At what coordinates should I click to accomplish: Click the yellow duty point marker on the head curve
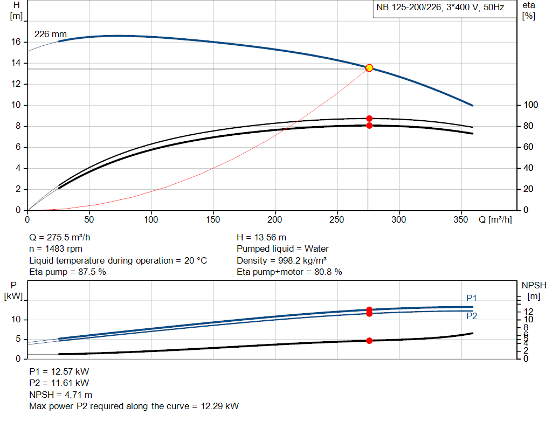tap(369, 68)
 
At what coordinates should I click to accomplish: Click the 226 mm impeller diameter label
tap(47, 34)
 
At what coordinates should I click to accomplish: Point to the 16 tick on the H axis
tap(16, 42)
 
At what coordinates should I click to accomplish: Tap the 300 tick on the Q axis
tap(399, 220)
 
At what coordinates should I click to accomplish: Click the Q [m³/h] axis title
tap(495, 220)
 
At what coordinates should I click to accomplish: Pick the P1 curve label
tap(472, 298)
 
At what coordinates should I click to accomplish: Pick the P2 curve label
tap(472, 316)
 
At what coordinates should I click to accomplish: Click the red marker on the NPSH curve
tap(369, 341)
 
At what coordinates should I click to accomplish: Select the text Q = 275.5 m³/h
tap(64, 238)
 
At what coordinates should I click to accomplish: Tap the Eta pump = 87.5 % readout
tap(67, 272)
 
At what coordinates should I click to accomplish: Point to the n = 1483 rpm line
tap(57, 249)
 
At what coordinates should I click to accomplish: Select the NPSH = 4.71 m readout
tap(60, 395)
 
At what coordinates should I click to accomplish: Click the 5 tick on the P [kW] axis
tap(17, 339)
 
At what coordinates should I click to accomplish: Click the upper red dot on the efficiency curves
tap(369, 119)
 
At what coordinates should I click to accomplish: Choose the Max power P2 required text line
tap(134, 406)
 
